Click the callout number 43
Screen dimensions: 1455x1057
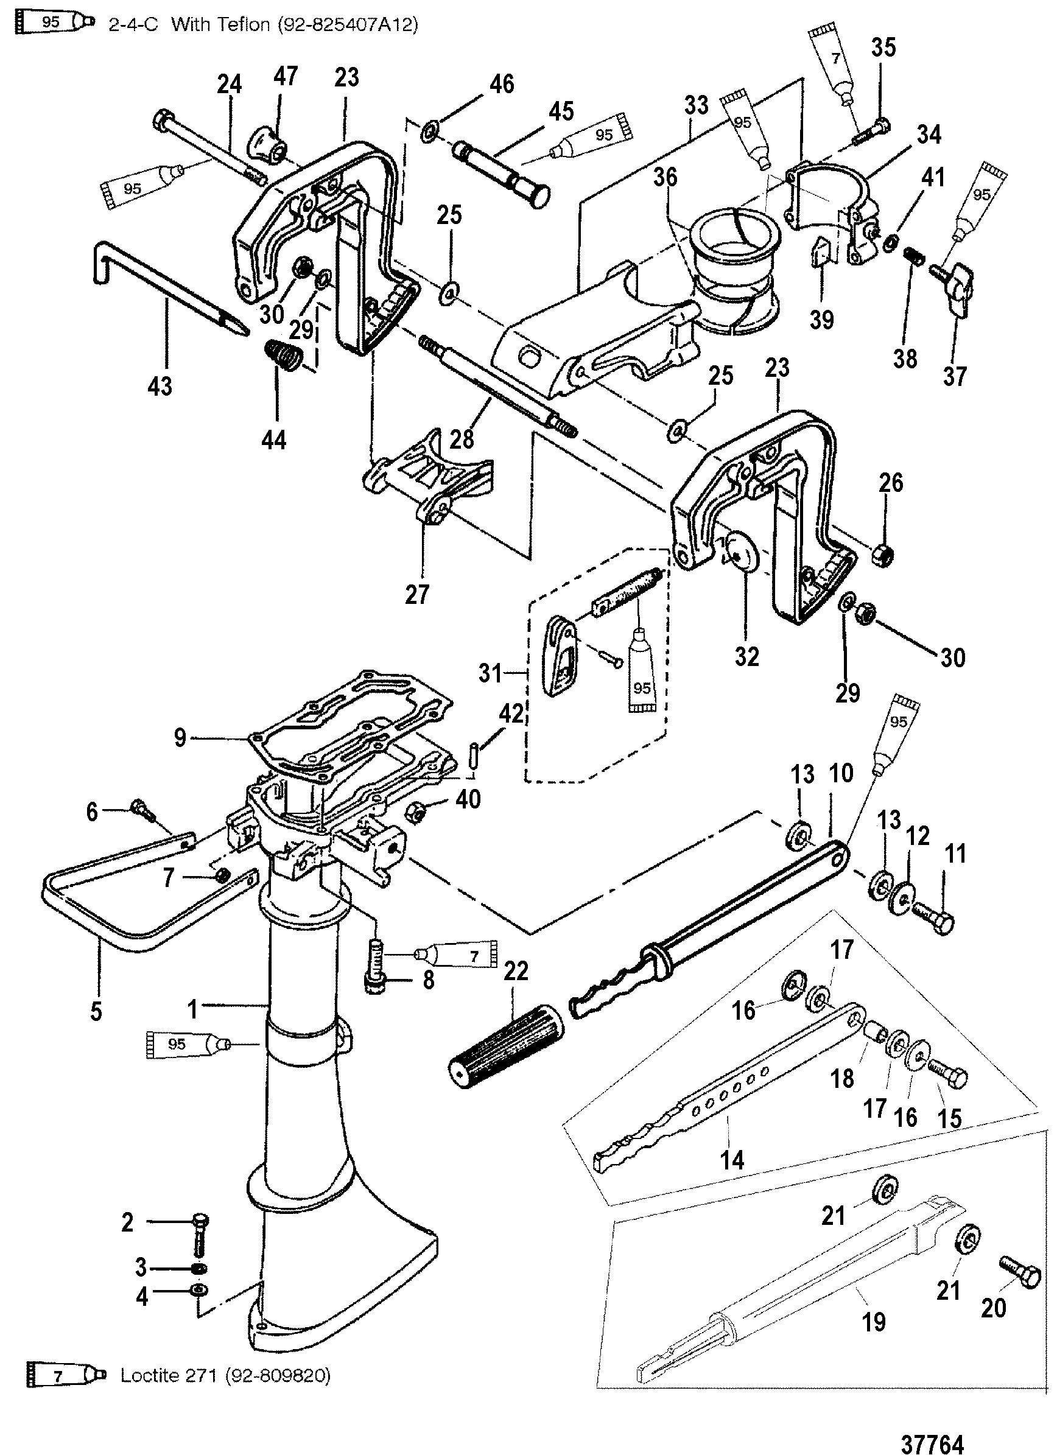[160, 386]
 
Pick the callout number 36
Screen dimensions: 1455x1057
[665, 177]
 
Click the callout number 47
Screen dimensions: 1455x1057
[286, 76]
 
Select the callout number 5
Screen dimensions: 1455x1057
[96, 1011]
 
